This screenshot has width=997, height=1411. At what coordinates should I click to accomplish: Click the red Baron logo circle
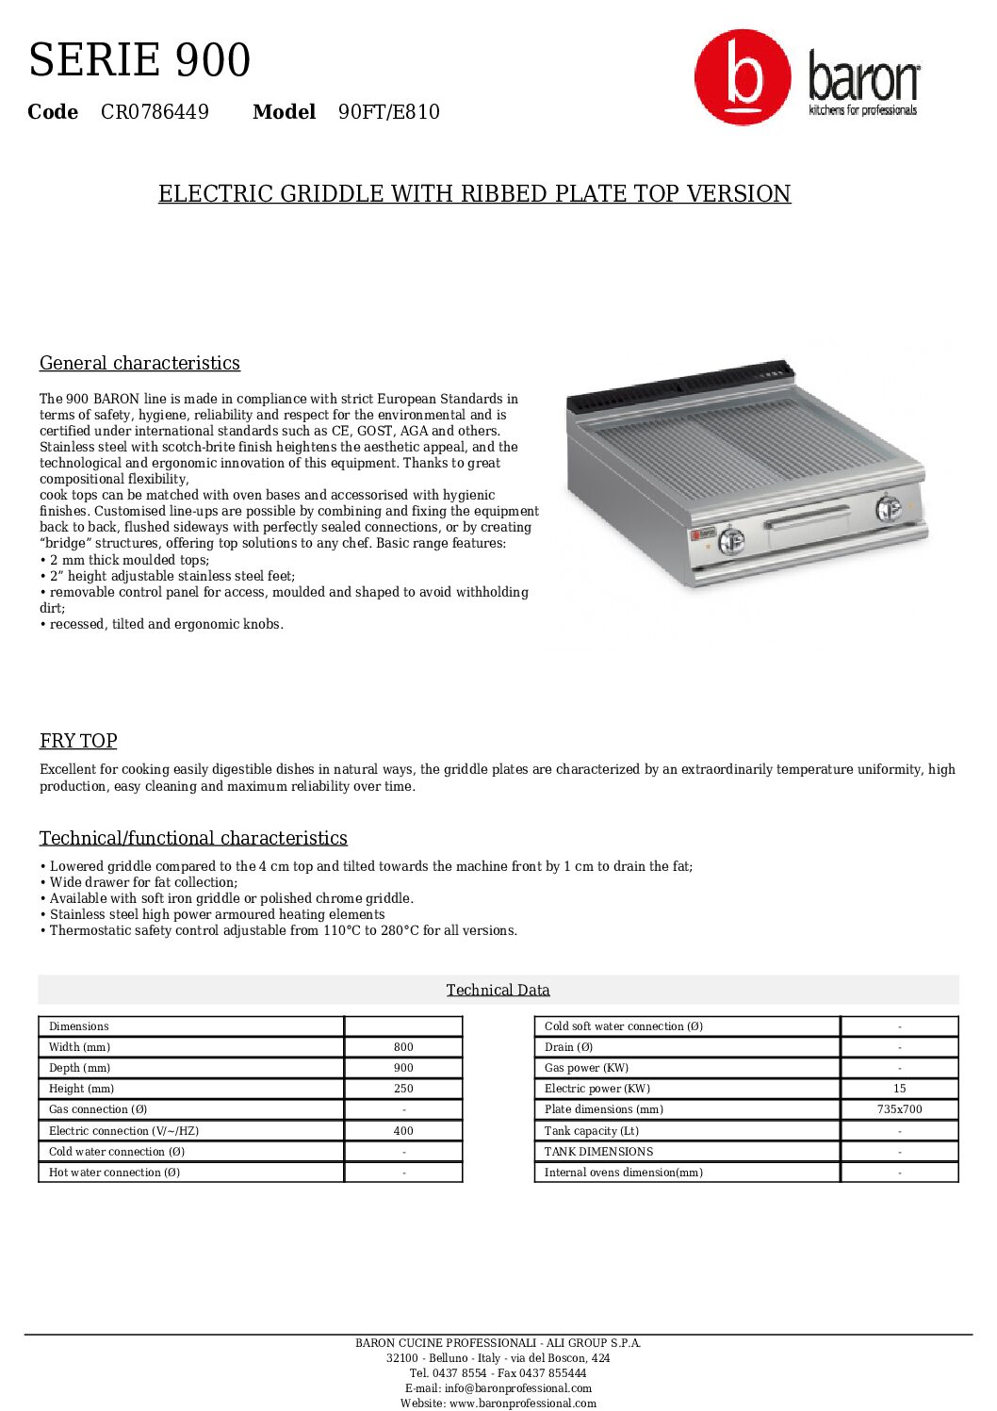click(x=743, y=76)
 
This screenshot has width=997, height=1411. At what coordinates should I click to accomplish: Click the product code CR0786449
click(x=155, y=112)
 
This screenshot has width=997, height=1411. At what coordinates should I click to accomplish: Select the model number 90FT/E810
click(x=388, y=112)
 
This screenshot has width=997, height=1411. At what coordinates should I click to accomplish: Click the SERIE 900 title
click(x=139, y=60)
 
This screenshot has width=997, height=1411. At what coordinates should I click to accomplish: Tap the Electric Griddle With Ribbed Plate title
click(x=474, y=193)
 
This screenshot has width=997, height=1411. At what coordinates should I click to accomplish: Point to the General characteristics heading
click(x=139, y=363)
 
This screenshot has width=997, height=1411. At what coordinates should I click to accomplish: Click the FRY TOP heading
click(x=78, y=741)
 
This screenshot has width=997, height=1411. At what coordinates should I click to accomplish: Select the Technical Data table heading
click(x=498, y=990)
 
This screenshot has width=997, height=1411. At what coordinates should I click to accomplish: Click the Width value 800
click(x=403, y=1047)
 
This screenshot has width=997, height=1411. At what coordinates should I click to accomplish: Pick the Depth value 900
click(x=403, y=1068)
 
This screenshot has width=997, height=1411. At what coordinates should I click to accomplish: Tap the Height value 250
click(x=403, y=1089)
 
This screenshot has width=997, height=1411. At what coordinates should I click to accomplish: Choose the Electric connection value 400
click(x=403, y=1131)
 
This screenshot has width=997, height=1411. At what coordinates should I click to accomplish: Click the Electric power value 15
click(x=899, y=1089)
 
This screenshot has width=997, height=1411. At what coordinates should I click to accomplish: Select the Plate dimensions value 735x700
click(x=899, y=1109)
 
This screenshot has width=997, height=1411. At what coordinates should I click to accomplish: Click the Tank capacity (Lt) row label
click(x=591, y=1131)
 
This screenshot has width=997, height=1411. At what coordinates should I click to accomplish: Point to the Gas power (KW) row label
click(x=586, y=1068)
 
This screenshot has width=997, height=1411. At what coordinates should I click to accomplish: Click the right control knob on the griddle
click(x=888, y=508)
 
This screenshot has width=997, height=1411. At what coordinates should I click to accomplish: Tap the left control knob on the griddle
click(x=731, y=541)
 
